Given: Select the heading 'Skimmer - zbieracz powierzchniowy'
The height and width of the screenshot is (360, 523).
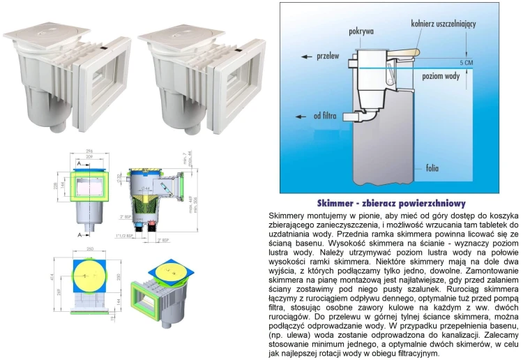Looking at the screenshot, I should point(392,203).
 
